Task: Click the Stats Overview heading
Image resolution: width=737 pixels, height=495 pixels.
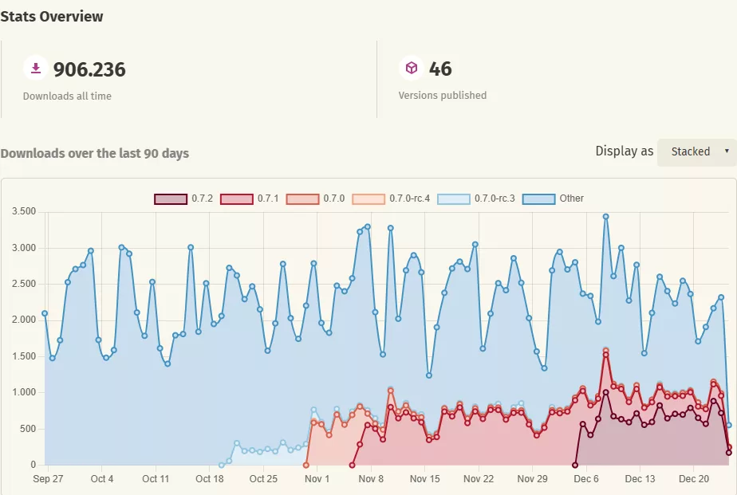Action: pyautogui.click(x=52, y=16)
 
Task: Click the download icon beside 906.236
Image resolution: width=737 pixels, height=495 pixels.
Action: pyautogui.click(x=35, y=69)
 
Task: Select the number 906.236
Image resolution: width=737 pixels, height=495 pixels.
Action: pyautogui.click(x=89, y=69)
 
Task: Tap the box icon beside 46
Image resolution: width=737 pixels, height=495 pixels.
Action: pyautogui.click(x=411, y=69)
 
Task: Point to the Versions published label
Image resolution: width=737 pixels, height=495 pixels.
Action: pyautogui.click(x=442, y=95)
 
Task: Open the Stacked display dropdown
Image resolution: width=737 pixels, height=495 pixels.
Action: pyautogui.click(x=696, y=151)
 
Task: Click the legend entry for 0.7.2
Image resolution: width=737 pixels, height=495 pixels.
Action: pyautogui.click(x=183, y=198)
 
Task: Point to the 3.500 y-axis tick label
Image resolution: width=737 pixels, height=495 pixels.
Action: pyautogui.click(x=25, y=211)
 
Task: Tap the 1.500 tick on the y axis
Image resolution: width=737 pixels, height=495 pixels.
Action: pyautogui.click(x=25, y=356)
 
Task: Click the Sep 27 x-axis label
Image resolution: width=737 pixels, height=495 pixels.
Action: pyautogui.click(x=48, y=479)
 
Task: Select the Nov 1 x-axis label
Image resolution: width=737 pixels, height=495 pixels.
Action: pyautogui.click(x=317, y=479)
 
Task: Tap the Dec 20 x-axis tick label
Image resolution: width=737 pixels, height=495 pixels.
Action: pyautogui.click(x=693, y=479)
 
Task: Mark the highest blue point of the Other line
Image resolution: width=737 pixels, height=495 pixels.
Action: pyautogui.click(x=606, y=216)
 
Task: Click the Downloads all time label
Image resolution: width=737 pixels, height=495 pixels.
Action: pyautogui.click(x=67, y=96)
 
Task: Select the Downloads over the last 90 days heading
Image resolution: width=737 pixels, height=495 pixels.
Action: pyautogui.click(x=95, y=153)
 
